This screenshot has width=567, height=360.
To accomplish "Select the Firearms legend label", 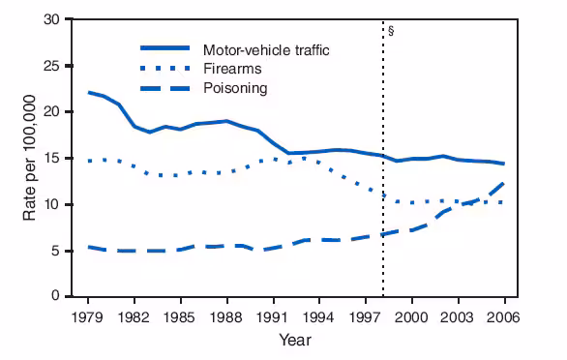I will click(231, 69).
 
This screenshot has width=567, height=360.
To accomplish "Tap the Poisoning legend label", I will click(235, 89).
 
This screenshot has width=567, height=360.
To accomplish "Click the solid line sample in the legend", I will click(165, 48).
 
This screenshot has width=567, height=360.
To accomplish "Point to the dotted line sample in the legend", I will click(165, 69).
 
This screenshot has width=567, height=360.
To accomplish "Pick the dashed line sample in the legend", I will click(165, 89).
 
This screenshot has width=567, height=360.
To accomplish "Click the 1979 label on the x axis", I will click(89, 316).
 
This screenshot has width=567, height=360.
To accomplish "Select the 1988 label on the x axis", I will click(226, 316).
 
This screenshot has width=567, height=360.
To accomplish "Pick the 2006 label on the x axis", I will click(502, 316).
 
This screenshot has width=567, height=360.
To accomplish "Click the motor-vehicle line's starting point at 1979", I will click(89, 93).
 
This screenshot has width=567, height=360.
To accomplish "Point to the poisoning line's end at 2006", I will click(503, 183).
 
